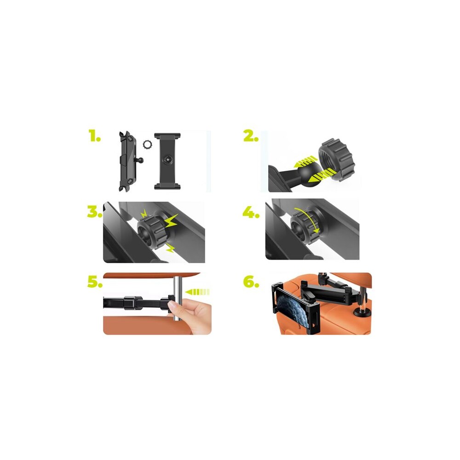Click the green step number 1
click(x=94, y=136)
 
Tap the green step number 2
click(x=251, y=136)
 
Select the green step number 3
click(x=94, y=212)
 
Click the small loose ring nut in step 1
click(x=147, y=145)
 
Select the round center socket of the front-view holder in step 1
click(x=167, y=160)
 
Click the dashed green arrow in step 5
click(x=197, y=292)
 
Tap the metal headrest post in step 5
click(x=177, y=300)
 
